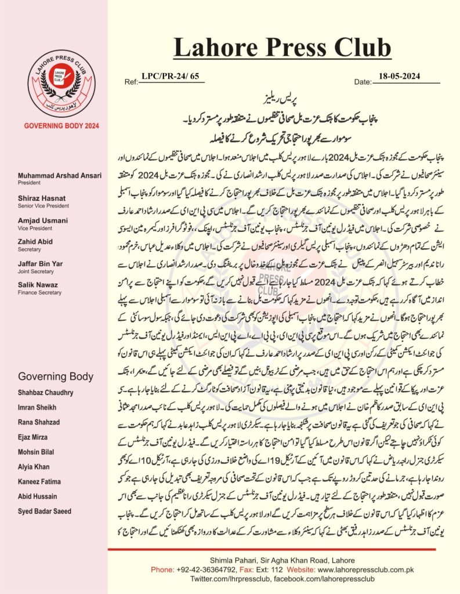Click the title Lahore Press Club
(x=282, y=47)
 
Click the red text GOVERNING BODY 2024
(x=53, y=126)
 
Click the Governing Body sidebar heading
(x=56, y=376)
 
